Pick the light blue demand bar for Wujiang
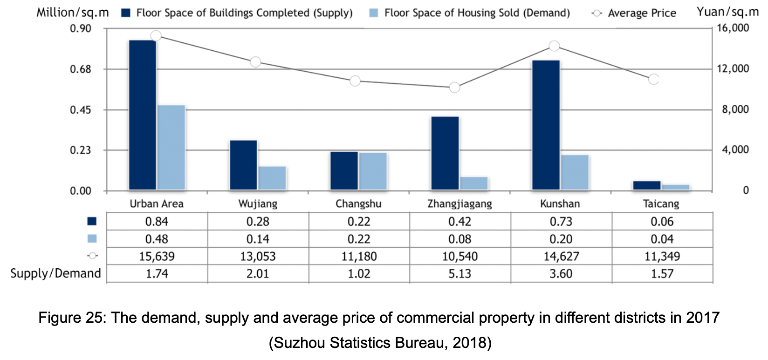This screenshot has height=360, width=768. coord(272,178)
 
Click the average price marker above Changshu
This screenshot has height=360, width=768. coord(355,81)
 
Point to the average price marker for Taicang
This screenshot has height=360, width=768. coord(654,79)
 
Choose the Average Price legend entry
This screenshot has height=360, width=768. coord(634,13)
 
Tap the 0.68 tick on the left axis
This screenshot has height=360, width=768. coord(80,69)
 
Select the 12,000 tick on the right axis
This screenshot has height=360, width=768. coord(733,68)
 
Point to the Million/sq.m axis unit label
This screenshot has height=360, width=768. coord(73,13)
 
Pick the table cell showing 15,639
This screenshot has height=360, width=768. coord(157,256)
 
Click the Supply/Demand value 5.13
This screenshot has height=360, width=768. coord(460,273)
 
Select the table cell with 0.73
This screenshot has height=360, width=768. coord(561,221)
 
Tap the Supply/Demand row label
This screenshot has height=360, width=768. coord(55,273)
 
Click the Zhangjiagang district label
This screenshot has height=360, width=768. coord(459,204)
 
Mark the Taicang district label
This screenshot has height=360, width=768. coord(661,204)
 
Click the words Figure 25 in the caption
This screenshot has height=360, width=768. coord(72,318)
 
